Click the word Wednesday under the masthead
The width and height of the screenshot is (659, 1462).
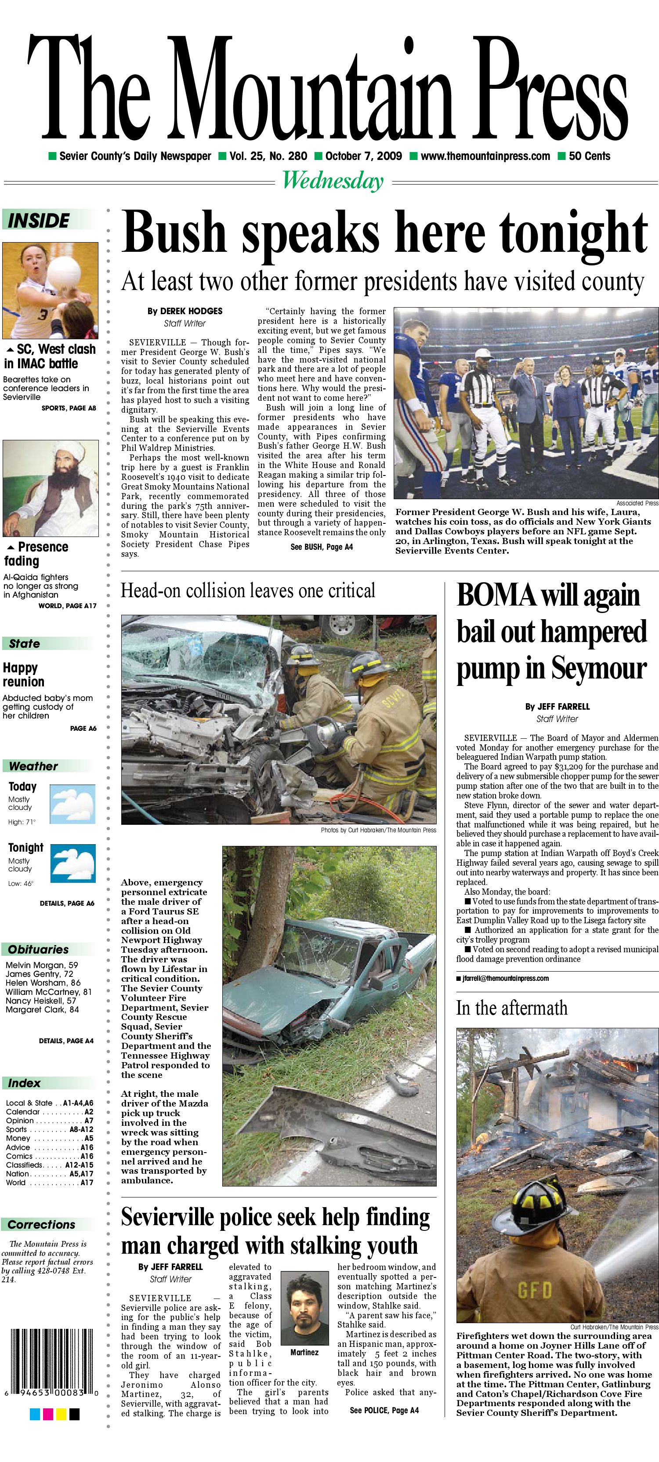pyautogui.click(x=333, y=181)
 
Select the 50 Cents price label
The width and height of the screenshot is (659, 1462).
pyautogui.click(x=589, y=156)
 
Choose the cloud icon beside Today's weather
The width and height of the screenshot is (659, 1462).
pyautogui.click(x=72, y=804)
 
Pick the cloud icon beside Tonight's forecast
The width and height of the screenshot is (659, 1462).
pyautogui.click(x=72, y=863)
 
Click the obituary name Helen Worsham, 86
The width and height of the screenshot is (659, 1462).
pyautogui.click(x=43, y=983)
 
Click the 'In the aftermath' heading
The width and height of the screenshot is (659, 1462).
pyautogui.click(x=511, y=1007)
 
